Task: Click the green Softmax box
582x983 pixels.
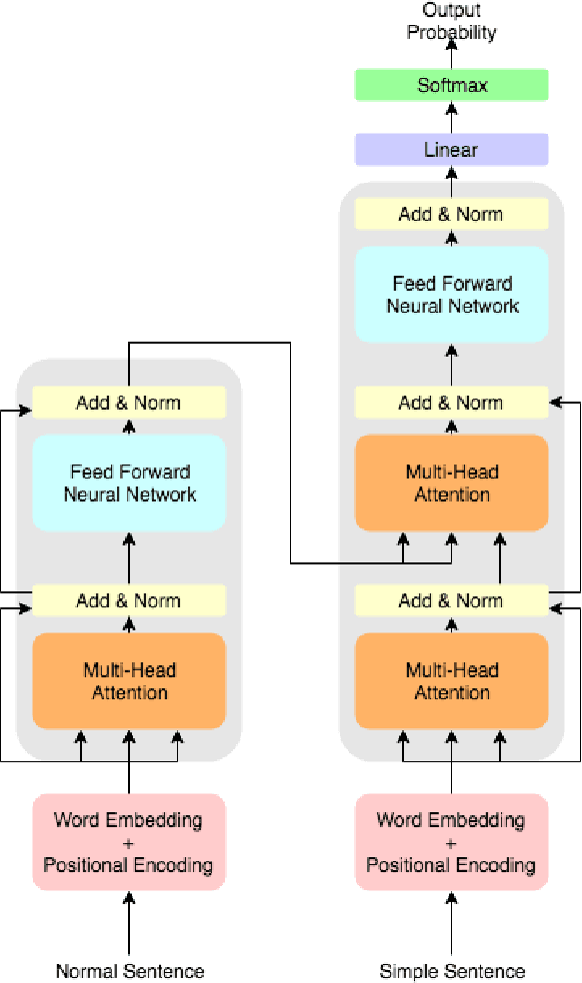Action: [x=452, y=85]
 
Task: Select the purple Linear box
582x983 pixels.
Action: [x=452, y=150]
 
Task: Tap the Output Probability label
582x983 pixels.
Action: [x=452, y=21]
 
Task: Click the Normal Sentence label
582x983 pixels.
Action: [x=129, y=970]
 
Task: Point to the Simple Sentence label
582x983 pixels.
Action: [x=452, y=970]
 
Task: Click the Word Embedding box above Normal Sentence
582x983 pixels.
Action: [x=129, y=841]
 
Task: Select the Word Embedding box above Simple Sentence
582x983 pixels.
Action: [x=452, y=841]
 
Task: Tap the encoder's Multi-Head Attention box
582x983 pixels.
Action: [x=129, y=680]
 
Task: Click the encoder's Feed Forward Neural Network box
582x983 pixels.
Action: [x=129, y=483]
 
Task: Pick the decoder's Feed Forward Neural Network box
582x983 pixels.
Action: [x=452, y=294]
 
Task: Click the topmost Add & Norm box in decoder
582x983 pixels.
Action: [x=452, y=214]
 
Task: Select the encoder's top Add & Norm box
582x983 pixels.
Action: [x=129, y=403]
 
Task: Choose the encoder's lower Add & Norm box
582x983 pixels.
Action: [x=129, y=600]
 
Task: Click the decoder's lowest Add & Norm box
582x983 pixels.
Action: [x=452, y=600]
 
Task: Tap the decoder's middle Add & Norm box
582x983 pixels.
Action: [x=452, y=403]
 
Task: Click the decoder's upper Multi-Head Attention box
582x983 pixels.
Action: [x=452, y=483]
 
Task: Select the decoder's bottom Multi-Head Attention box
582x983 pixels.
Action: [x=452, y=680]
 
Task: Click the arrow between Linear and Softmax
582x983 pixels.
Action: [x=452, y=117]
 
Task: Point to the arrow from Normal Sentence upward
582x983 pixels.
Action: [x=129, y=924]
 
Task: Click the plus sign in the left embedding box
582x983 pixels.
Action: [x=129, y=842]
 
